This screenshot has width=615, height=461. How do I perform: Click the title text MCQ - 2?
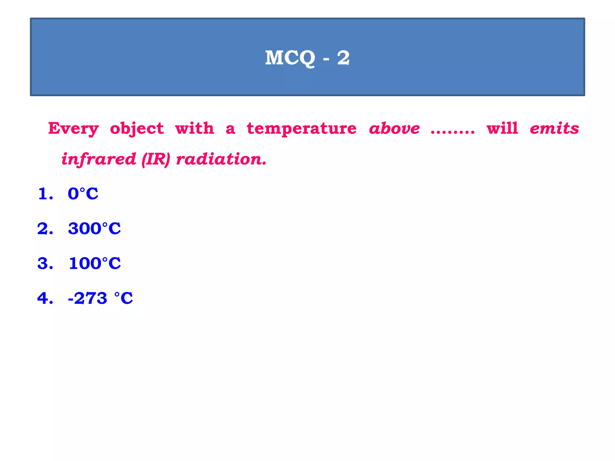[307, 58]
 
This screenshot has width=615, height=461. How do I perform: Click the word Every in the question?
[73, 129]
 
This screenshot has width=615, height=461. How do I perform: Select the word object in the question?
[137, 129]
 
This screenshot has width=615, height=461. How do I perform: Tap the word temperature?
[301, 129]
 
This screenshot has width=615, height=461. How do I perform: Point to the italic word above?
[394, 129]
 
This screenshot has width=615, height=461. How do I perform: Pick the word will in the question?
[502, 128]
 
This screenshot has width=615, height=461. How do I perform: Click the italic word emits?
[554, 128]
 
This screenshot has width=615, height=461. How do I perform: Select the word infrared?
[99, 159]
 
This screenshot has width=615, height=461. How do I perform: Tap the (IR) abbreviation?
[156, 159]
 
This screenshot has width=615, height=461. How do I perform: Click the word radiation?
[221, 159]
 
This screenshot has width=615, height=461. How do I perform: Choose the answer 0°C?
[83, 194]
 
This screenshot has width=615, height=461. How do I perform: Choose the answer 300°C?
[94, 228]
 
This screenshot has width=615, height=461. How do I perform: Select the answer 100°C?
[95, 263]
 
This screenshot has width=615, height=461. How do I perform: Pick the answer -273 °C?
[100, 298]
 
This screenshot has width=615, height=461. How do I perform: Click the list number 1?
[45, 194]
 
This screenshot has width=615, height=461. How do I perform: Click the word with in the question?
[195, 128]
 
